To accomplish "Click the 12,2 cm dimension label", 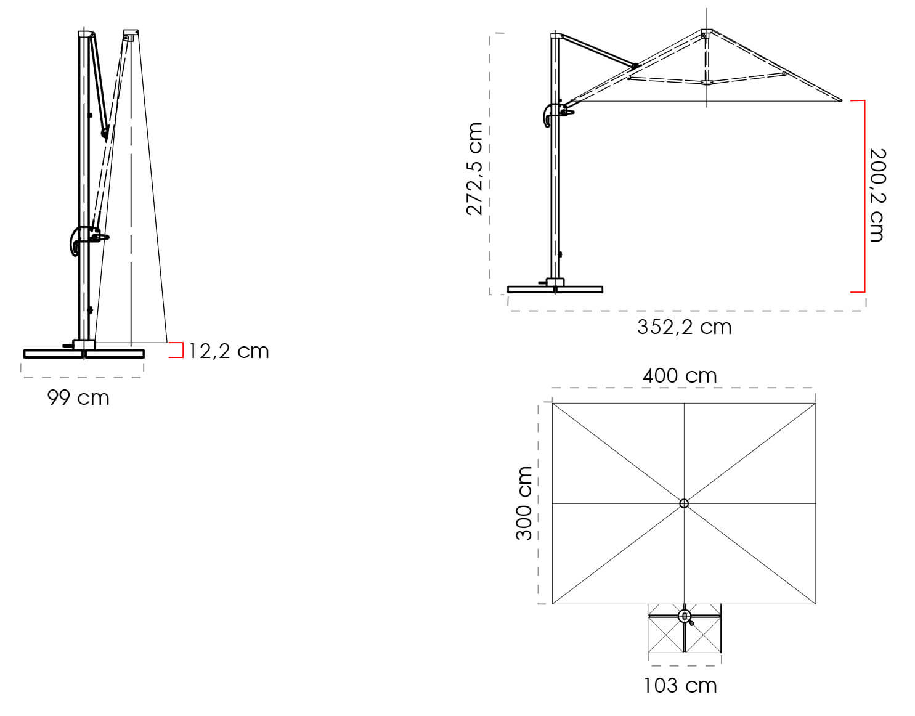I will coord(229,351).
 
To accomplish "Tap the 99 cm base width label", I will coord(78,398).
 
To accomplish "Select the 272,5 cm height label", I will coord(474,169).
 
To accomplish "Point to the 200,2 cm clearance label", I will coord(876,195).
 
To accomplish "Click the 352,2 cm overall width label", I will coord(684,327).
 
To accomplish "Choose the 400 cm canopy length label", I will coord(680,375).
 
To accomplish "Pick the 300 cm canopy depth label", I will coord(524,503).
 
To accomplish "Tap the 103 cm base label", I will coord(680,685).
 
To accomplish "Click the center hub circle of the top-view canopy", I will coord(684,503).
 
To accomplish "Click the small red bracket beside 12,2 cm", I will coord(178,350).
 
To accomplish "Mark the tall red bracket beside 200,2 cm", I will coord(862,196).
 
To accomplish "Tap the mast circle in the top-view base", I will coord(684,616).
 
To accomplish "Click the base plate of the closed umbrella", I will coord(84,354).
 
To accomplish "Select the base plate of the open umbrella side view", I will coord(555,289).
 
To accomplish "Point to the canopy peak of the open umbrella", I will coord(706,31).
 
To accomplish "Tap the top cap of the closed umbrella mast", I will coord(86,33).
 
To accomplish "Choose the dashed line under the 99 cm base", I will coord(82,376).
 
